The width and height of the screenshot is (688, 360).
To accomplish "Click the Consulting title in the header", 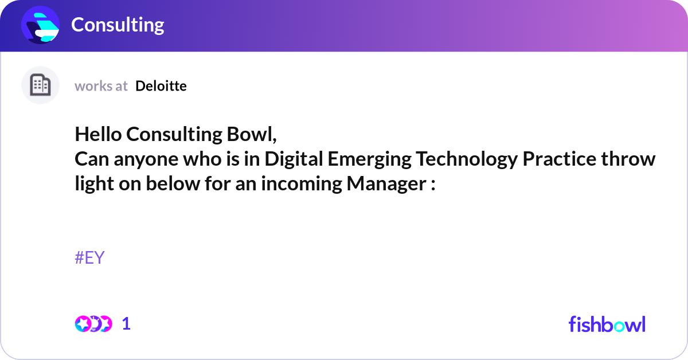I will click(118, 25).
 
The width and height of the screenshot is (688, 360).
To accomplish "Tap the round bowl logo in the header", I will click(41, 25).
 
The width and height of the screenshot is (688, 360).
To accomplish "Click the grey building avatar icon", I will click(40, 85).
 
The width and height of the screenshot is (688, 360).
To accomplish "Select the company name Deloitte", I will click(161, 86).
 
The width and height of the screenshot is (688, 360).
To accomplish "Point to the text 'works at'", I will click(101, 86).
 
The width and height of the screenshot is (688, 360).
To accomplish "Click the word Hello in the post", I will click(98, 134).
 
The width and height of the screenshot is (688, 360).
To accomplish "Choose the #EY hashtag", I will click(89, 258).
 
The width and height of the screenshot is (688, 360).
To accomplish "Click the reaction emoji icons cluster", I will click(93, 324).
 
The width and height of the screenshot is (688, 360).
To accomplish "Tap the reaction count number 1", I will click(126, 324).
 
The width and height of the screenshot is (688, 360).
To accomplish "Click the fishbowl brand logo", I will click(607, 324).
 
